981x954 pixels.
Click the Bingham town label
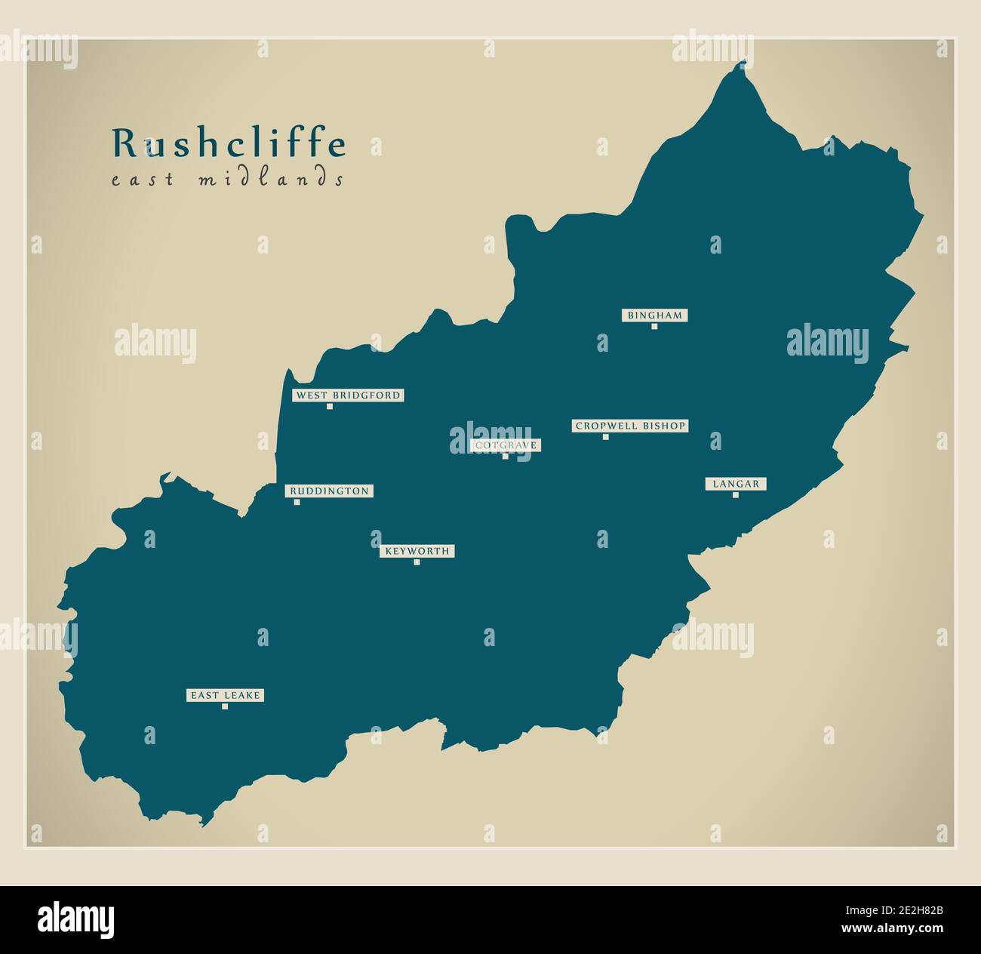click(x=655, y=315)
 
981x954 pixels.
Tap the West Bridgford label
click(x=348, y=395)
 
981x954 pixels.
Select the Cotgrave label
click(x=506, y=445)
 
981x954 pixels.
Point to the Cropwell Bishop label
click(x=630, y=426)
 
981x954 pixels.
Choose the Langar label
click(x=736, y=484)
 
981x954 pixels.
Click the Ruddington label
click(x=329, y=491)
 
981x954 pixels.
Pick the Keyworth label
click(x=417, y=551)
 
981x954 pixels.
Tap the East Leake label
click(x=225, y=695)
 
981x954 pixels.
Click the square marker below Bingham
click(x=655, y=327)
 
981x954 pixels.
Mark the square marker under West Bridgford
click(x=330, y=407)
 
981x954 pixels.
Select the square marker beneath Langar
click(x=736, y=495)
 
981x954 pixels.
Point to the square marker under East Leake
click(x=225, y=706)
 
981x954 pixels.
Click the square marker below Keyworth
click(x=417, y=562)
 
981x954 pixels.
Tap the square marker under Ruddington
click(x=297, y=502)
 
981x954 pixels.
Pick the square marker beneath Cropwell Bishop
click(x=605, y=437)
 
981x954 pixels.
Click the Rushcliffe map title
click(x=229, y=143)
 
